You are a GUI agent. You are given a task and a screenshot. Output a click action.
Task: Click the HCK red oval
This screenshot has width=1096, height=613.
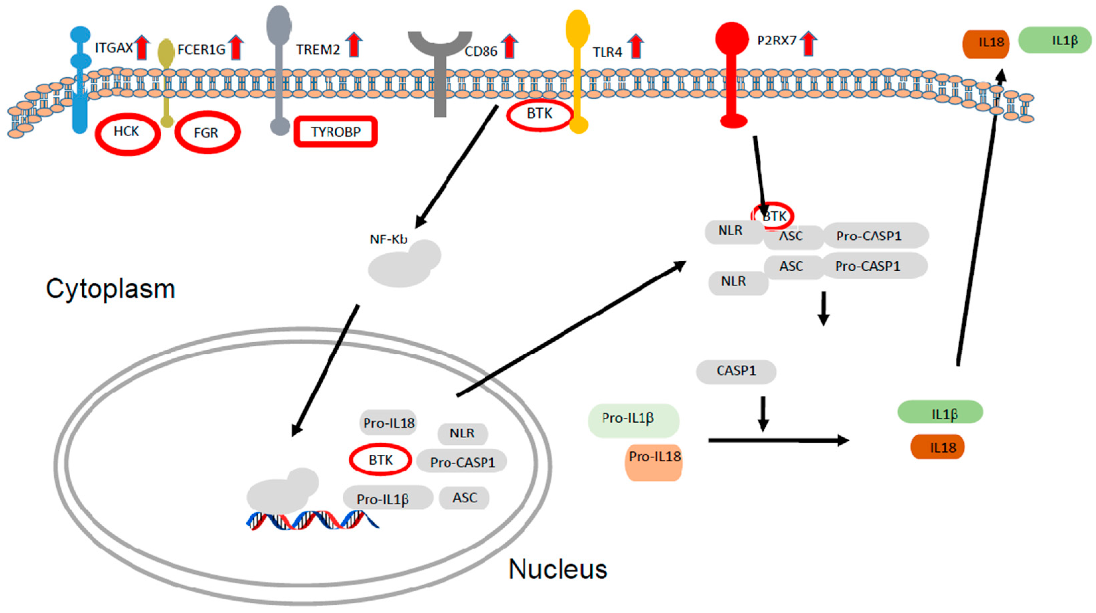point(127,133)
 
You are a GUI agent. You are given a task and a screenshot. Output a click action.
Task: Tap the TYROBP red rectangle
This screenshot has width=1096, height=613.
point(335,132)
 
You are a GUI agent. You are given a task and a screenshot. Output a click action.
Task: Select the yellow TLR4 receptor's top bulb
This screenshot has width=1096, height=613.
point(577,28)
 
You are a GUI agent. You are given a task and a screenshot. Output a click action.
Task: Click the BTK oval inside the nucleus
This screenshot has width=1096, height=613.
point(381,459)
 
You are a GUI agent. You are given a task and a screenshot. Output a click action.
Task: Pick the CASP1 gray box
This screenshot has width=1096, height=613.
point(736,371)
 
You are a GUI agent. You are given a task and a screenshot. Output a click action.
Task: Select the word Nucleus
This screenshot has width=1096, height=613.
point(558,569)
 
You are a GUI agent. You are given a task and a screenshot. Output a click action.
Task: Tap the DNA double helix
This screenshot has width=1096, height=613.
point(313,520)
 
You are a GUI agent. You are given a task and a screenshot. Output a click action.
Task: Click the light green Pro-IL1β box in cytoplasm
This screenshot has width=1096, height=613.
point(633,420)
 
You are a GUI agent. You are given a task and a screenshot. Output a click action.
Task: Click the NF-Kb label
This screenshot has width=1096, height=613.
point(388,240)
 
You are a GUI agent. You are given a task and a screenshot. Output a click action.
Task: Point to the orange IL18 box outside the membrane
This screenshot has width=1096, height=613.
point(985,43)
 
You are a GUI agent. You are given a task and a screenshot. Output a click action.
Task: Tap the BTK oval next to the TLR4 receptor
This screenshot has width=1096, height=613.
point(539,114)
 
